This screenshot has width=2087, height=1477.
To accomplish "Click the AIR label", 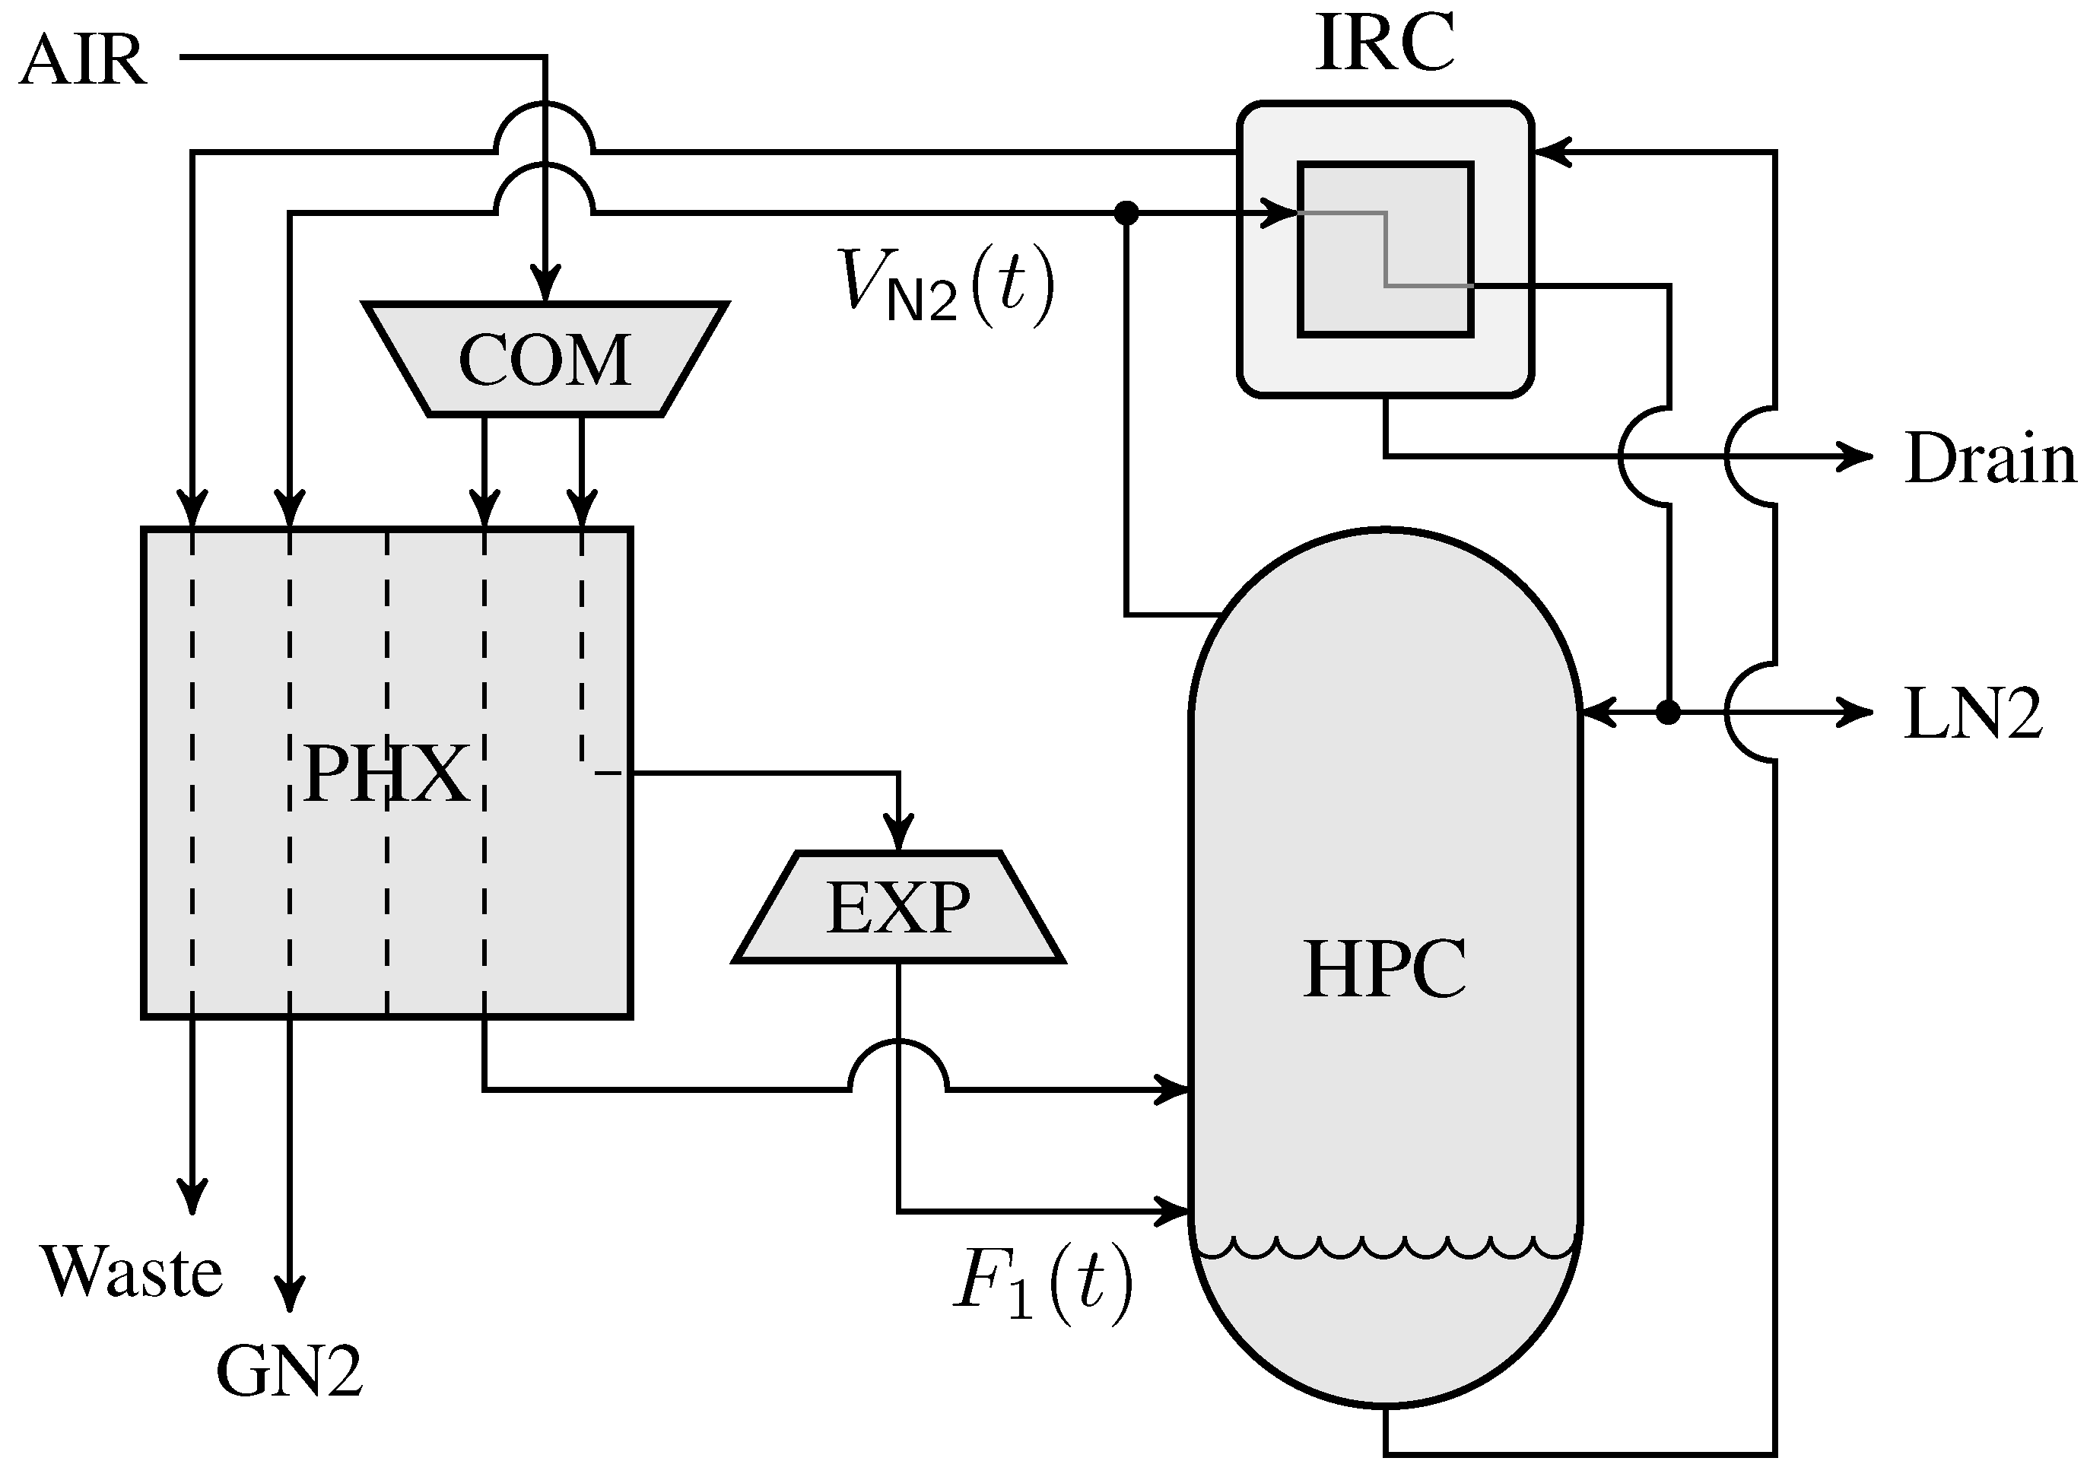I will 82,62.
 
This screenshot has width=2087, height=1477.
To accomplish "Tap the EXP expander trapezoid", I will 898,907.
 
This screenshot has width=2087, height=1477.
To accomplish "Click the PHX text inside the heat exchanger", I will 386,774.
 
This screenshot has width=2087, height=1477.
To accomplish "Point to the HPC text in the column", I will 1384,970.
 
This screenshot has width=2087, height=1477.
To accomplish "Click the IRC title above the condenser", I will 1384,43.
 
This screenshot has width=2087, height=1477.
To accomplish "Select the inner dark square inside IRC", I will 1384,250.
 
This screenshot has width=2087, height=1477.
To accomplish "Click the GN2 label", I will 289,1371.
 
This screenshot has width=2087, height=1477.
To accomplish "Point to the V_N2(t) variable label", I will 945,284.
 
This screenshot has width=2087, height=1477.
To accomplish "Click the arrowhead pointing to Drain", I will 1855,456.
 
